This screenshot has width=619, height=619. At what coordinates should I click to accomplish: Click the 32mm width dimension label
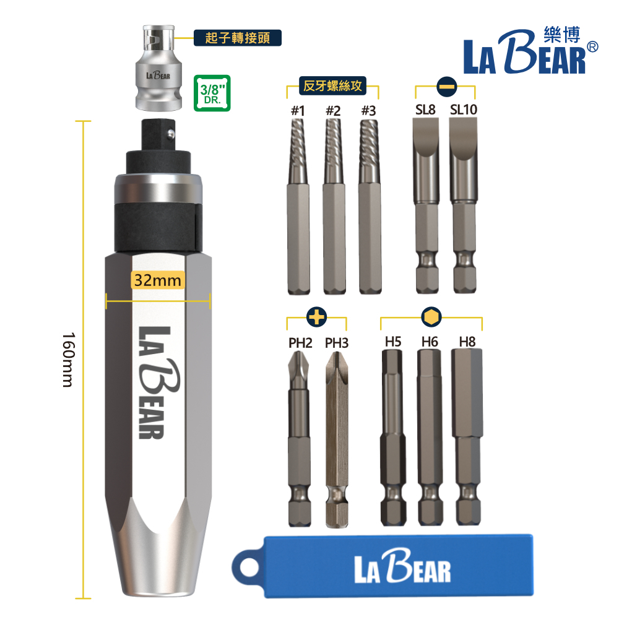point(157,280)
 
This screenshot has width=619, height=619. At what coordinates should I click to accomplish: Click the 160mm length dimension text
point(68,360)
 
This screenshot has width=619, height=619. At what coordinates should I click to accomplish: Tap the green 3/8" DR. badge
point(212,93)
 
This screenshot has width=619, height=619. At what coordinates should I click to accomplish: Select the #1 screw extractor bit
point(298,207)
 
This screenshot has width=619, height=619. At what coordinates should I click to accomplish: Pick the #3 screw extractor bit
point(370,207)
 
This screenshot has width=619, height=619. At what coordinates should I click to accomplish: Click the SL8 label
point(425,110)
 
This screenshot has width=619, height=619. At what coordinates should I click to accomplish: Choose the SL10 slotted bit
point(464,206)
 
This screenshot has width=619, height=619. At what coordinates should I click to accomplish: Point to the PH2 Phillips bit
point(299,438)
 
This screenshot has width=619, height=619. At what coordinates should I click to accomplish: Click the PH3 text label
point(336,343)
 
